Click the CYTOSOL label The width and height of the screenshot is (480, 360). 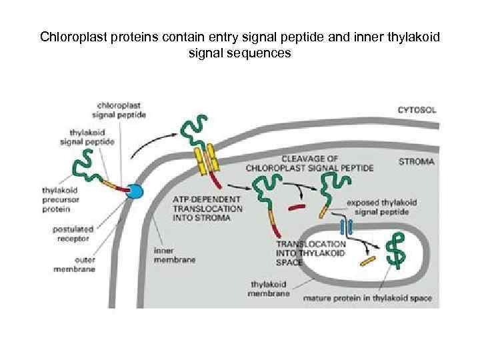point(417,110)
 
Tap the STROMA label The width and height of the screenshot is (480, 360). point(417,161)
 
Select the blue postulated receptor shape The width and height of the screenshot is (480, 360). point(135,192)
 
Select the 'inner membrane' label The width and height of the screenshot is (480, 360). point(174,255)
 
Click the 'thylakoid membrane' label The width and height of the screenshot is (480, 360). point(269,287)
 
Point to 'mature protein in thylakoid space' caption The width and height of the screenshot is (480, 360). point(367,298)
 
